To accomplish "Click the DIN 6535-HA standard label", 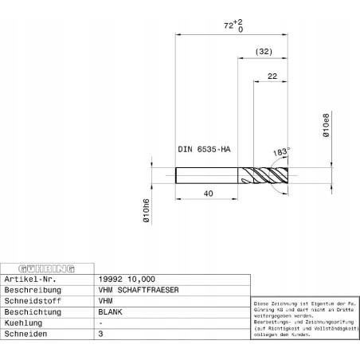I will pos(203,149).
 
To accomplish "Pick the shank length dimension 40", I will pos(206,193).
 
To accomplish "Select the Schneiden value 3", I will pos(100,335).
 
